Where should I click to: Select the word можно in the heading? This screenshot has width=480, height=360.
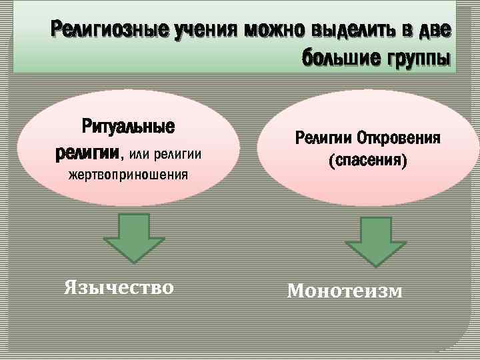coord(274,30)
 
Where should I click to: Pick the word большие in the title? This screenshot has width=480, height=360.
coord(338,58)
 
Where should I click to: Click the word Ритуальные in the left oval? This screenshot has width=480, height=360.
coord(128,127)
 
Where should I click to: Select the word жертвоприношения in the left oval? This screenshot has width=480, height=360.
coord(129,176)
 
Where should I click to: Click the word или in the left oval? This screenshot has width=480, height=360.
coord(138,155)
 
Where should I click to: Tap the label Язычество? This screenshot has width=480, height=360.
coord(119,287)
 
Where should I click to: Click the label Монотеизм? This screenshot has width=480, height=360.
coord(345,291)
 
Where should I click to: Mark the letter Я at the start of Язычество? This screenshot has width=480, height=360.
coord(70,287)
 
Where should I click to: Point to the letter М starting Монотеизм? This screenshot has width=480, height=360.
coord(295,291)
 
